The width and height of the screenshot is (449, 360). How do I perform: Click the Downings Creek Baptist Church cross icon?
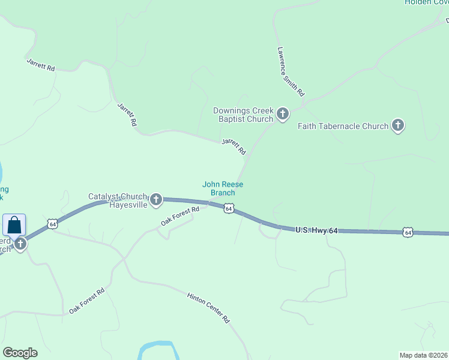tap(283, 113)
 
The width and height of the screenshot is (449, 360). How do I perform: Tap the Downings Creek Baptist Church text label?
tap(243, 115)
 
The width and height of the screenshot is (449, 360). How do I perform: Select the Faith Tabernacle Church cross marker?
tap(397, 126)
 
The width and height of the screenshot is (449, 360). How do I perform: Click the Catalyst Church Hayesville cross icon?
tap(156, 199)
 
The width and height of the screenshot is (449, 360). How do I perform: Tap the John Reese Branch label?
tap(223, 188)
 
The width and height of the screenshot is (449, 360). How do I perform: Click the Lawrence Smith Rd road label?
tap(291, 72)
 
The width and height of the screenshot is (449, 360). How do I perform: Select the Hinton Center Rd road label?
tap(208, 308)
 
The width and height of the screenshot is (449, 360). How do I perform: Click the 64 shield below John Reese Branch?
tap(229, 208)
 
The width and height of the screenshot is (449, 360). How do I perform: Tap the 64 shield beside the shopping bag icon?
tap(53, 224)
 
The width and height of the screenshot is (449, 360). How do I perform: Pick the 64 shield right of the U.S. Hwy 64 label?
tap(408, 232)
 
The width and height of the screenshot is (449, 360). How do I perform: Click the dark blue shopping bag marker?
tap(14, 225)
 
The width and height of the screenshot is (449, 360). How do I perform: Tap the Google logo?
tap(20, 353)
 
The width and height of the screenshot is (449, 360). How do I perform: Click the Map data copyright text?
tap(423, 355)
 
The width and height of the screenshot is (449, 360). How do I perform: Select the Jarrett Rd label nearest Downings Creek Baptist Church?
tap(234, 147)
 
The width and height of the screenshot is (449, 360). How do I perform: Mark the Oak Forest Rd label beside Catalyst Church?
tap(180, 217)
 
